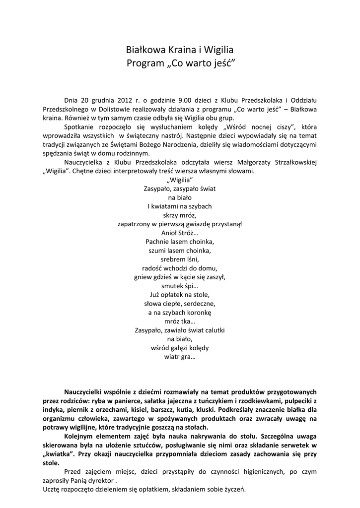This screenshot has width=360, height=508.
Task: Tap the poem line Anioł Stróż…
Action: click(180, 232)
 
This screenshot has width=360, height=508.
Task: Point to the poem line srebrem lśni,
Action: click(180, 259)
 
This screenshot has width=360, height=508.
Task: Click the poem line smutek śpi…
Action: click(180, 286)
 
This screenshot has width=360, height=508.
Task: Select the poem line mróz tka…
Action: click(180, 321)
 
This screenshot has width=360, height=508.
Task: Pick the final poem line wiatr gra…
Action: click(180, 357)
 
